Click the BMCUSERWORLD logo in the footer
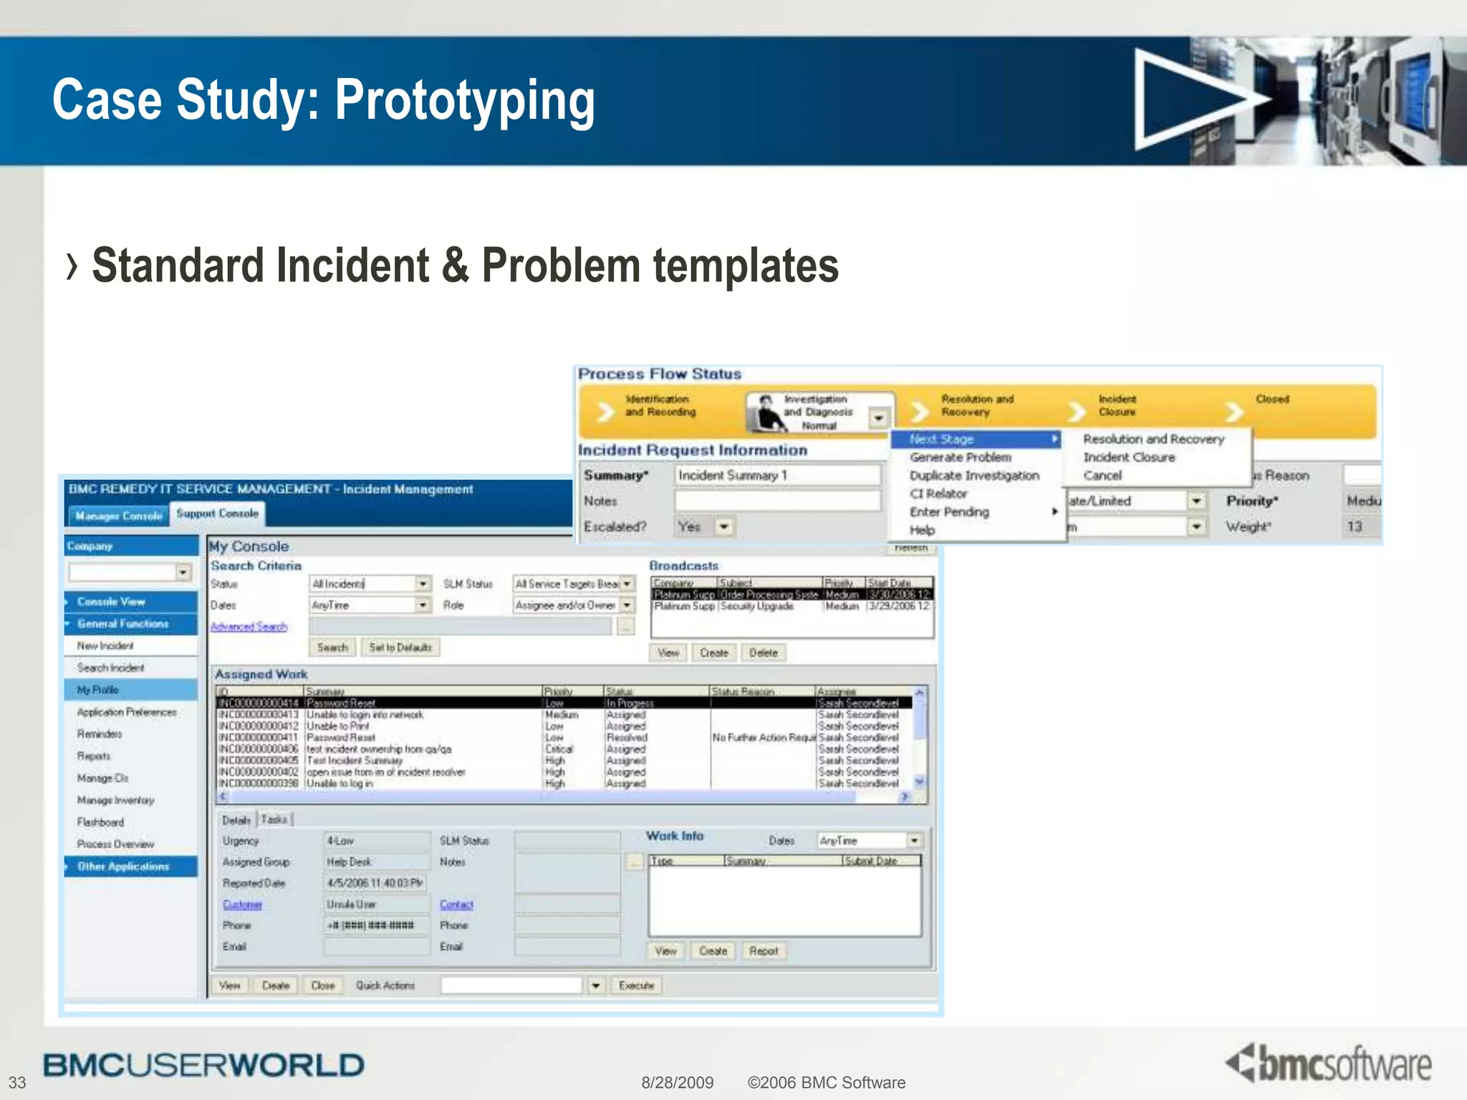(203, 1065)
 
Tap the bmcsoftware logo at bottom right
(1329, 1063)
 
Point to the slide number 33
(17, 1082)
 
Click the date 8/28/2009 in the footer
(677, 1082)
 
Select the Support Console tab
(217, 513)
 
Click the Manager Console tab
(119, 516)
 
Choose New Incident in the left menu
(105, 645)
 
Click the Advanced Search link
(249, 627)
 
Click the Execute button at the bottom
(636, 985)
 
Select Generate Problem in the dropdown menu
(960, 457)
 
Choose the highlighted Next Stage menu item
(941, 439)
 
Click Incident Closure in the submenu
(1128, 457)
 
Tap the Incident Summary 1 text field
(776, 475)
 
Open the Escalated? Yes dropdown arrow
(724, 527)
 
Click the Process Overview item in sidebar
(115, 844)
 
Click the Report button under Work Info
(763, 951)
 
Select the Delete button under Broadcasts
(763, 652)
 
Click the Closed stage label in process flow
(1271, 399)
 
